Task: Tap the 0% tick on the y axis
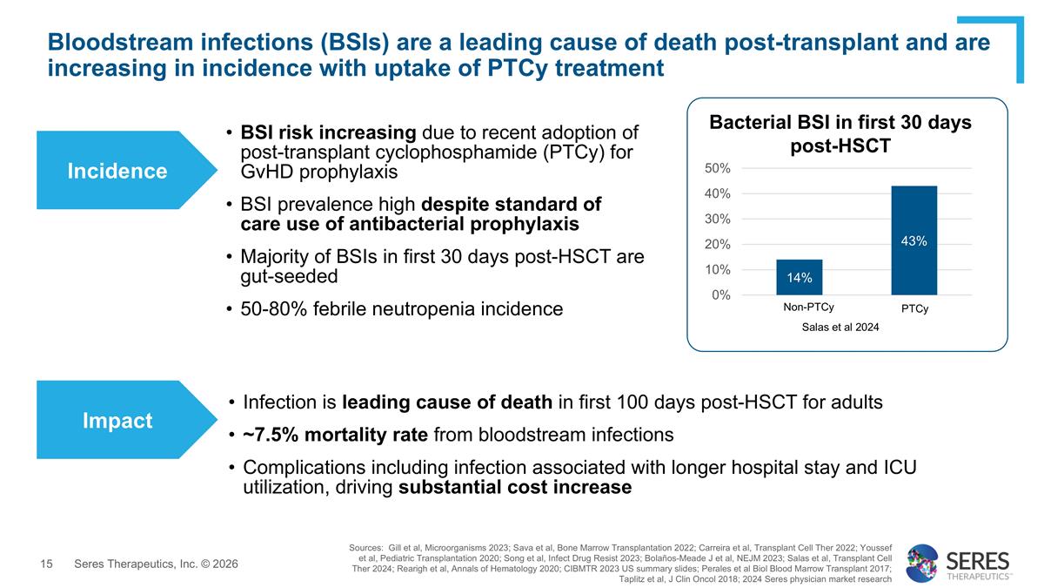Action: pyautogui.click(x=720, y=295)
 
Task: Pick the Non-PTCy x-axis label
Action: pyautogui.click(x=808, y=308)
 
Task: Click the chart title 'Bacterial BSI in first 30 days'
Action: pyautogui.click(x=840, y=123)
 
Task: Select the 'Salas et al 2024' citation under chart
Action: pyautogui.click(x=840, y=327)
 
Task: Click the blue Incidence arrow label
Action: pyautogui.click(x=117, y=171)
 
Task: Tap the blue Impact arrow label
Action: pyautogui.click(x=117, y=421)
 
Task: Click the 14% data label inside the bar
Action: pyautogui.click(x=799, y=278)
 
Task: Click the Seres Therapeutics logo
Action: pyautogui.click(x=957, y=563)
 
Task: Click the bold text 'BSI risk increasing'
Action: pyautogui.click(x=329, y=132)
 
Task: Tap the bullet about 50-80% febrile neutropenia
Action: pyautogui.click(x=401, y=308)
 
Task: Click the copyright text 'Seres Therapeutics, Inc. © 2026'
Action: pyautogui.click(x=156, y=564)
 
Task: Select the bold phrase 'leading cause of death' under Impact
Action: pyautogui.click(x=447, y=402)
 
